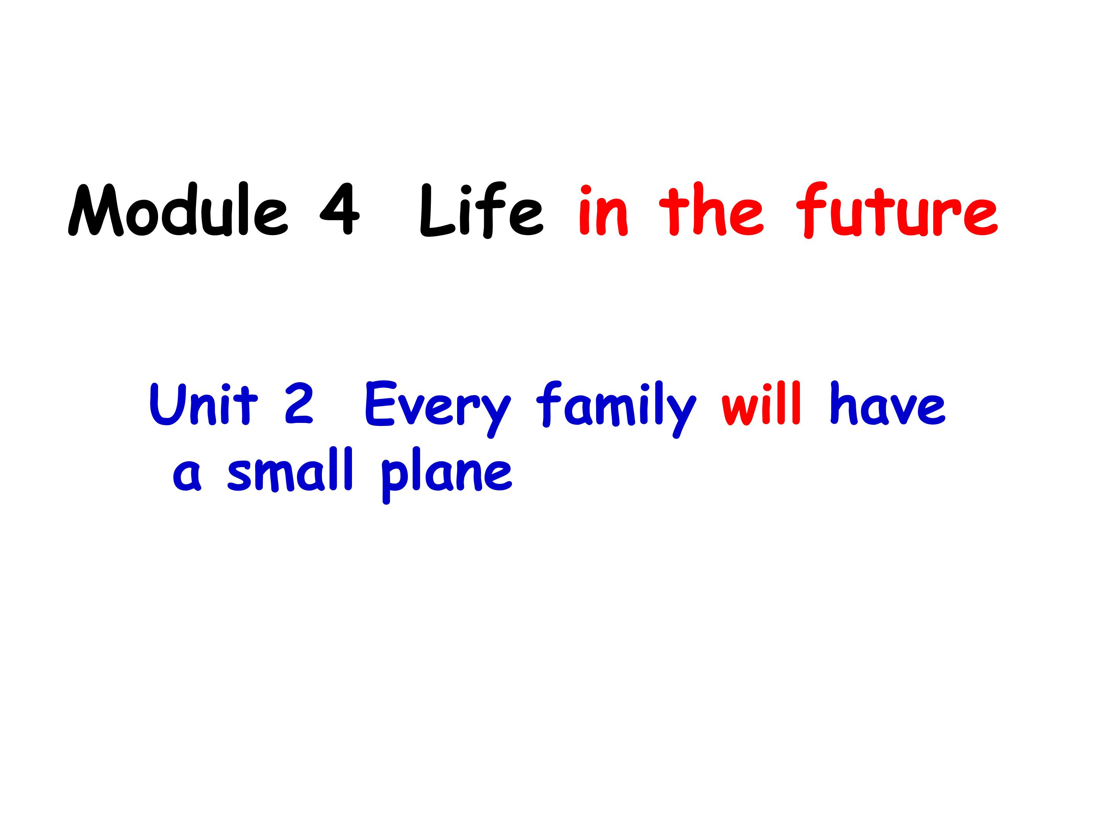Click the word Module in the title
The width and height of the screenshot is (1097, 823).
[x=177, y=211]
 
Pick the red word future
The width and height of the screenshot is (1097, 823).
[x=897, y=211]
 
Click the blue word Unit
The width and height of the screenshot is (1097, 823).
[x=203, y=404]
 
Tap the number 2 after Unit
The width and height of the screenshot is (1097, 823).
[x=299, y=404]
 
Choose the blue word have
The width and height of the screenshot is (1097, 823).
[x=888, y=404]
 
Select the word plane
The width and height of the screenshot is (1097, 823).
[x=446, y=474]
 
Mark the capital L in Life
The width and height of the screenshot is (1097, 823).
[x=437, y=211]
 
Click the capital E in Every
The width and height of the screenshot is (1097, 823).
[x=379, y=404]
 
